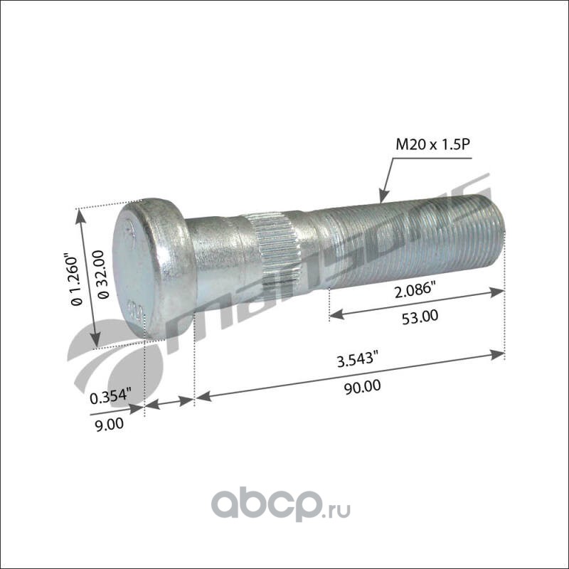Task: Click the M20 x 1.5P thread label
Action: point(432,145)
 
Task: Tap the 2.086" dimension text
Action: point(415,290)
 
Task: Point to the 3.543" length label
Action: point(355,360)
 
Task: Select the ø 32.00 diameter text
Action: point(103,275)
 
